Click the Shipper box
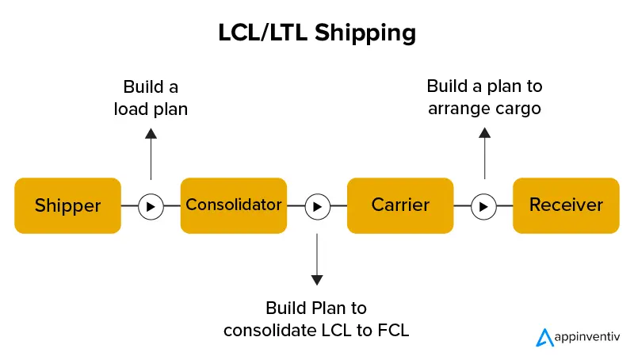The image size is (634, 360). [68, 205]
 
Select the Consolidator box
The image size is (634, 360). [233, 205]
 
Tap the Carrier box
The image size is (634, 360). [400, 205]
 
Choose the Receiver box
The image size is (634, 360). [566, 205]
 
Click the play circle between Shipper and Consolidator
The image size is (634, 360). [151, 206]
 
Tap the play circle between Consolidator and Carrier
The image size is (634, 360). [317, 206]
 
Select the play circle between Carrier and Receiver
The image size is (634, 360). [483, 206]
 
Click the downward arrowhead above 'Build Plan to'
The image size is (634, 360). [317, 279]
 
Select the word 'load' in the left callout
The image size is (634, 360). [129, 109]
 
